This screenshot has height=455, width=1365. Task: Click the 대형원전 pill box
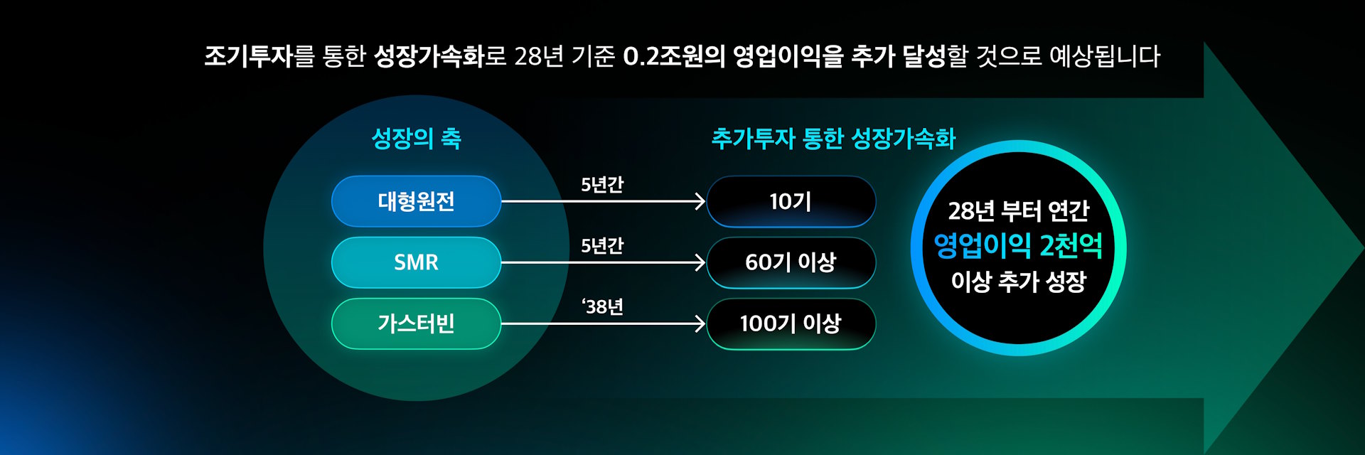416,201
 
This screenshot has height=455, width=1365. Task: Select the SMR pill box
416,262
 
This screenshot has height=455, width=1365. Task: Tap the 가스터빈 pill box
416,323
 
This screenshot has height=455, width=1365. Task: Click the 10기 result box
791,201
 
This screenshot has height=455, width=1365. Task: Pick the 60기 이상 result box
791,262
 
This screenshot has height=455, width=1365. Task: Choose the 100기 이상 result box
791,323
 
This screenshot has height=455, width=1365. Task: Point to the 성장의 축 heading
417,138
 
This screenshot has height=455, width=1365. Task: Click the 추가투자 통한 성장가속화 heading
833,138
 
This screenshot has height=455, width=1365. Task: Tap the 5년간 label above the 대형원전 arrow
602,185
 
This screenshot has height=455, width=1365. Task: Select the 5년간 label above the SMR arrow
602,246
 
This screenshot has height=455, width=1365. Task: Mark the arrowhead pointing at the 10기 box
700,201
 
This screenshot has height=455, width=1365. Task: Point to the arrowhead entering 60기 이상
700,262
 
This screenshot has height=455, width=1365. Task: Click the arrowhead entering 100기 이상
700,323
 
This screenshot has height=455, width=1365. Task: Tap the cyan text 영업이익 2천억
1018,246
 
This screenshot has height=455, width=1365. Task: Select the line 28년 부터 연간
1018,210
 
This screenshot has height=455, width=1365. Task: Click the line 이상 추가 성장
1018,282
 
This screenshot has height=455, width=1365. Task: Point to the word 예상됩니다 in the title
1105,55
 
